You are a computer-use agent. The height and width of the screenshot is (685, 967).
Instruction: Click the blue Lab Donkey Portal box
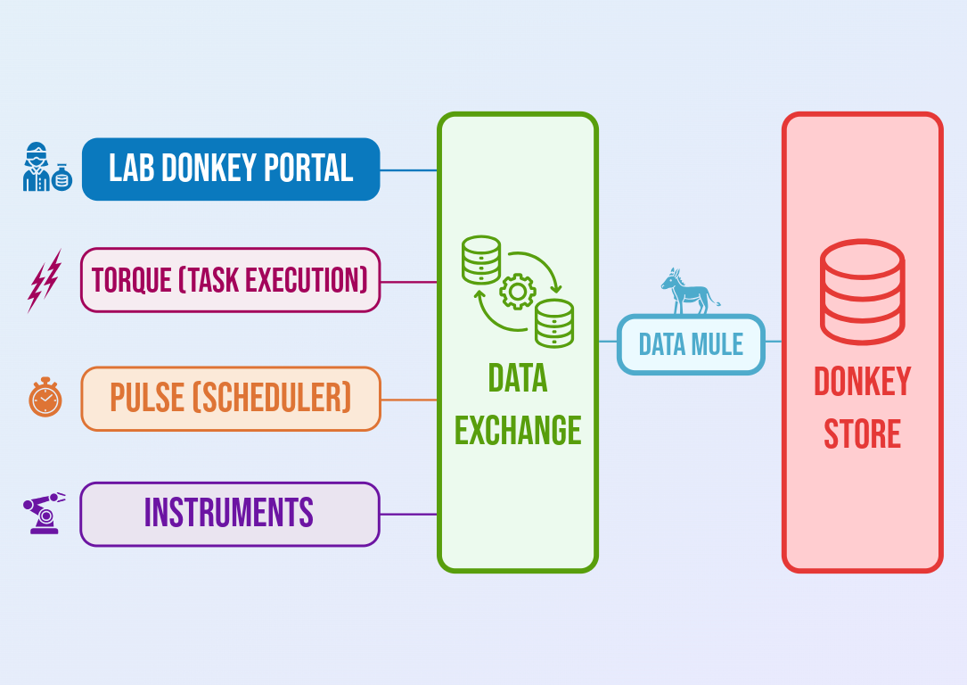[231, 169]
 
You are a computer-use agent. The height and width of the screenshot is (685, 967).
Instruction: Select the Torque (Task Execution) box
[230, 280]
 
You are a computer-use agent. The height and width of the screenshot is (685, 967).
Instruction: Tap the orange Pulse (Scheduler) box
[230, 399]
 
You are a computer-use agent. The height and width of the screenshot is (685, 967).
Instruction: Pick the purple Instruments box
[229, 514]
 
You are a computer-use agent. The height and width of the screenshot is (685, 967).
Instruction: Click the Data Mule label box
[691, 344]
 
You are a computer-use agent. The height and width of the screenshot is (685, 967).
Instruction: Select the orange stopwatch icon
[45, 397]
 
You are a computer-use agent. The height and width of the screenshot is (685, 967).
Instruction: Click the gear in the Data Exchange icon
[518, 291]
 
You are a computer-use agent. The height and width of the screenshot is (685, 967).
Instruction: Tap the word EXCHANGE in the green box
[518, 431]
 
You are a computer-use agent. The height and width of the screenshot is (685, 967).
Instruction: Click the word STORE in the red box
[862, 435]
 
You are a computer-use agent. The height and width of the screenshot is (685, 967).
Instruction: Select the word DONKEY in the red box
[862, 383]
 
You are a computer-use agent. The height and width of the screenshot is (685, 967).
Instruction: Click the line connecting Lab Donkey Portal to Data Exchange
[409, 169]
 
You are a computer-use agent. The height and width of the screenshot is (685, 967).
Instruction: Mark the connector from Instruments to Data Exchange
[409, 514]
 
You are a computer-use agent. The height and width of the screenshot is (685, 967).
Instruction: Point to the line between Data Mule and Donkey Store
[774, 342]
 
